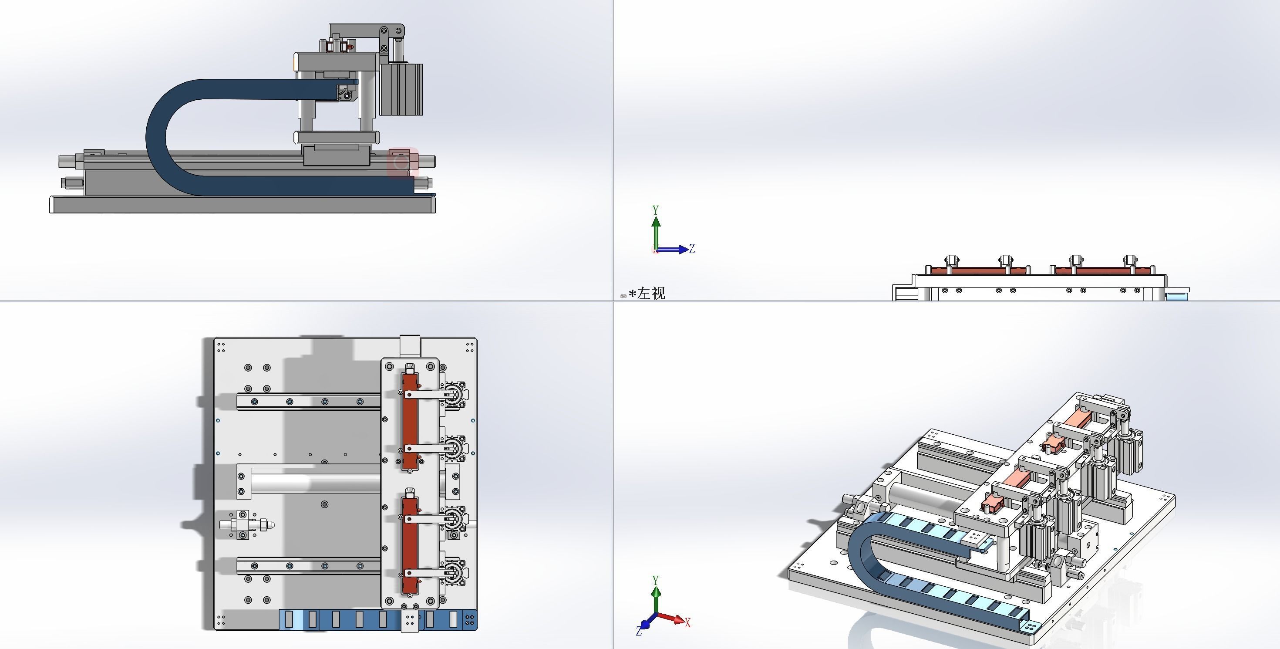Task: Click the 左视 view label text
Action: click(651, 293)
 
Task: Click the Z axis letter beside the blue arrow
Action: click(692, 248)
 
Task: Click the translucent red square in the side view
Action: click(402, 162)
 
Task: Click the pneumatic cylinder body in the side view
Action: click(401, 89)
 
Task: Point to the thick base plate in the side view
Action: click(242, 205)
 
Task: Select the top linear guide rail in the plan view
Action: click(308, 402)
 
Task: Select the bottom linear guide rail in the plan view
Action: click(308, 565)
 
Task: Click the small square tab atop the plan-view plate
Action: click(410, 345)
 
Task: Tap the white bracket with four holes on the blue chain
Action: click(410, 620)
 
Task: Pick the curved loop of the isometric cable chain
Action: click(859, 551)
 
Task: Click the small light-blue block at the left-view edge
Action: click(1176, 296)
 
